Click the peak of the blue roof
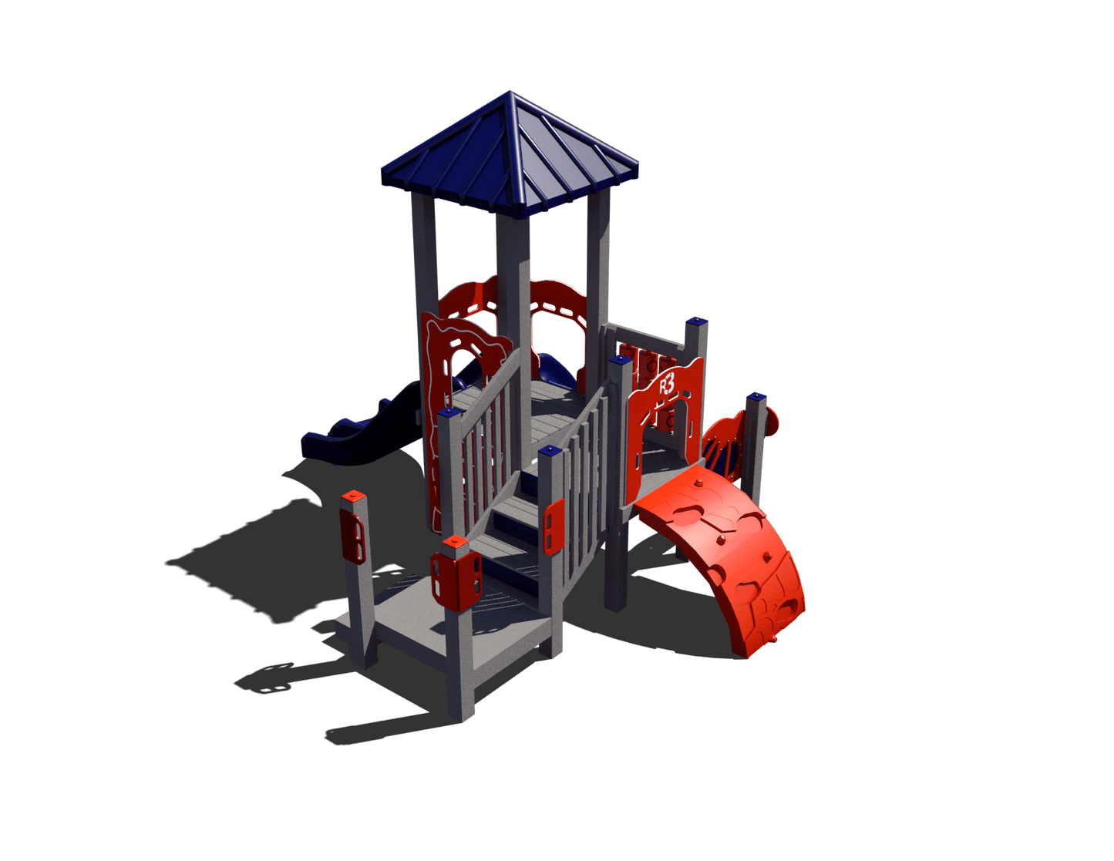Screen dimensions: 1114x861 509,92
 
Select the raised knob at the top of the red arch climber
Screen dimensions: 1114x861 698,483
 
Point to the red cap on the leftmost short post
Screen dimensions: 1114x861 353,496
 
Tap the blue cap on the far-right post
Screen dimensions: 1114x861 756,396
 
